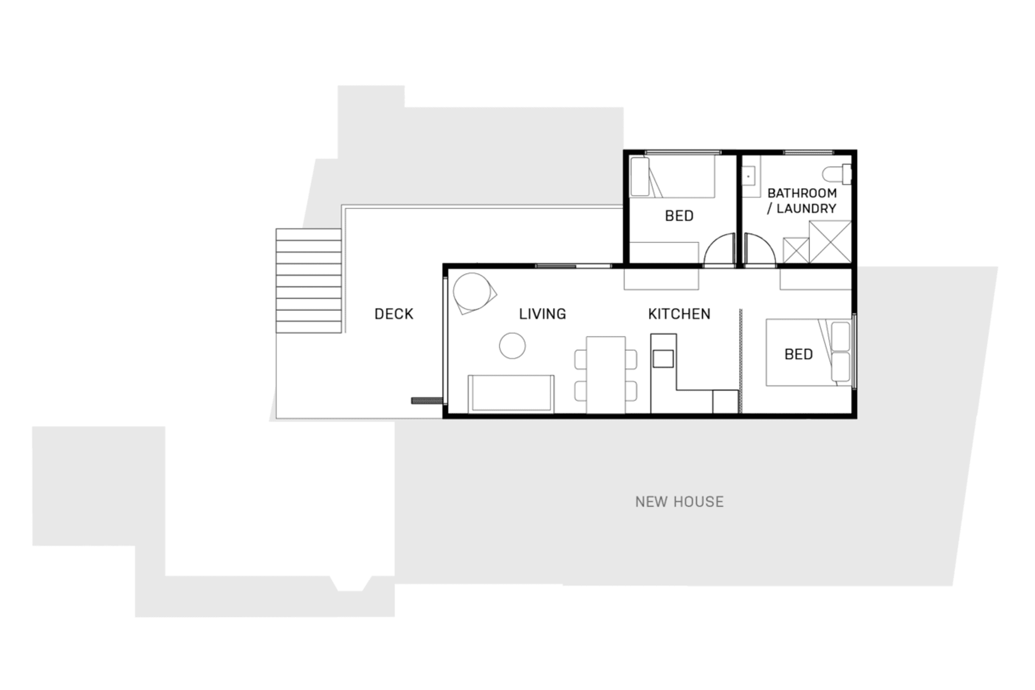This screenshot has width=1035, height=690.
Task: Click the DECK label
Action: tap(394, 314)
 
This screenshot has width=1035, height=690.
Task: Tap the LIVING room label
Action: tap(542, 314)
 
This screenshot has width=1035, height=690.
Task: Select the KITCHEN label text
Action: tap(679, 314)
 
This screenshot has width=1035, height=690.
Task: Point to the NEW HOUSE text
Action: tap(679, 502)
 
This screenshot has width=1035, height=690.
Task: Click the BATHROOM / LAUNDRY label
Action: tap(802, 201)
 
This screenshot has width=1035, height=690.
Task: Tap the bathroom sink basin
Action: tap(748, 176)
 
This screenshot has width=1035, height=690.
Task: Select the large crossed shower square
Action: tap(830, 242)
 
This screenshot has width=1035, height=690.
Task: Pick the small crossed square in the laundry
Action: tap(796, 251)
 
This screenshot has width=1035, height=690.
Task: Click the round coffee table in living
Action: tap(512, 346)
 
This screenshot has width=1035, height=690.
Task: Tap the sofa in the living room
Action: tap(511, 394)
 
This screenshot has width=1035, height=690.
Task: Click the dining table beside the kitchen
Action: tap(605, 375)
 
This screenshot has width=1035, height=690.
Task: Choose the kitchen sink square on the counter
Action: tap(663, 359)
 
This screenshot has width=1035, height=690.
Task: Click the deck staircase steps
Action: tap(308, 281)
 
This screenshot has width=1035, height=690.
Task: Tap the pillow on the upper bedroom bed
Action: tap(640, 177)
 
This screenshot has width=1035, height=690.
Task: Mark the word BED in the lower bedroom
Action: tap(799, 355)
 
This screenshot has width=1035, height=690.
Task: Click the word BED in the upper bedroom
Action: tap(679, 216)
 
